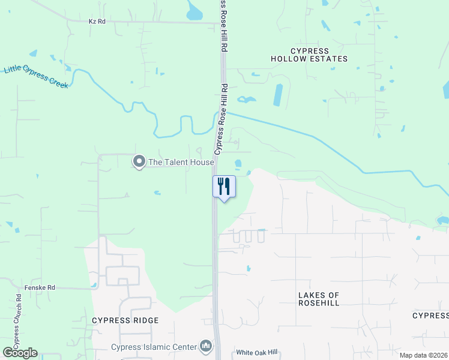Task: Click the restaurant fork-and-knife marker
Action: click(224, 187)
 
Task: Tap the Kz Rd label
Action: click(97, 21)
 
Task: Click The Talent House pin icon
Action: click(139, 161)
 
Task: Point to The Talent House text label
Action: click(181, 162)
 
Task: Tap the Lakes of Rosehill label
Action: click(319, 299)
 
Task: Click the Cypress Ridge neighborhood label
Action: click(125, 320)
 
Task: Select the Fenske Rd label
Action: click(40, 288)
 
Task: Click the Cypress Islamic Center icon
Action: click(206, 346)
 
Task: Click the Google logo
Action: click(20, 353)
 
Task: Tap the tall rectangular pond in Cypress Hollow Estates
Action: click(278, 95)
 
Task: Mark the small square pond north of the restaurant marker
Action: click(238, 163)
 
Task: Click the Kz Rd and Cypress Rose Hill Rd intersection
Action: click(220, 23)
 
